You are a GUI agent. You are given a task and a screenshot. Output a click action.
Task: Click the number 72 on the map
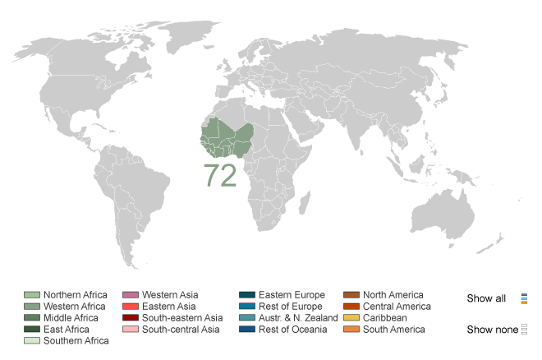point(220,175)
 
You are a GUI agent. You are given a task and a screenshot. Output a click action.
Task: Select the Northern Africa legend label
point(76,295)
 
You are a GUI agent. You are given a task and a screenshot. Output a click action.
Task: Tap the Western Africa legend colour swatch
point(32,307)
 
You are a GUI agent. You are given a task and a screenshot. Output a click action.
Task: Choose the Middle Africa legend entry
point(71,318)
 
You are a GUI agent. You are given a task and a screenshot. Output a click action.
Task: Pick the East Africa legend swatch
point(32,330)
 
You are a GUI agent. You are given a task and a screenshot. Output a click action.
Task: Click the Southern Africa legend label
point(76,341)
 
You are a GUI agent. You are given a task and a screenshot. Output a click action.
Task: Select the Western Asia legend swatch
point(130,295)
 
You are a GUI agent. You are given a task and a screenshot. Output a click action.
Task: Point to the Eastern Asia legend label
point(169,307)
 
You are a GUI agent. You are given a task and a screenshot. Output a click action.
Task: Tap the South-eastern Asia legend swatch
point(130,318)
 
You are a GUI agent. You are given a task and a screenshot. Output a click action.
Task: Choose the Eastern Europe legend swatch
point(247,295)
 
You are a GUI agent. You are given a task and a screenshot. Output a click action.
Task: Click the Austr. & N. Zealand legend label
point(298,318)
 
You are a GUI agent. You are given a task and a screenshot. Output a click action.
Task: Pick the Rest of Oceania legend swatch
point(247,330)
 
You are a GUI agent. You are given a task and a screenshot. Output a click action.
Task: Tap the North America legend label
point(393,295)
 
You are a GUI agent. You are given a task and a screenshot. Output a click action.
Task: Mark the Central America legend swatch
point(351,307)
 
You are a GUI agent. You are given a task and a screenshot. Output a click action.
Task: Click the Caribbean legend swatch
point(351,318)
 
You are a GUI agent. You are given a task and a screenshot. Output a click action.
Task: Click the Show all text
point(486,298)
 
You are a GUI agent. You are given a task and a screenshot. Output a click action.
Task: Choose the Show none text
point(491,330)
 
